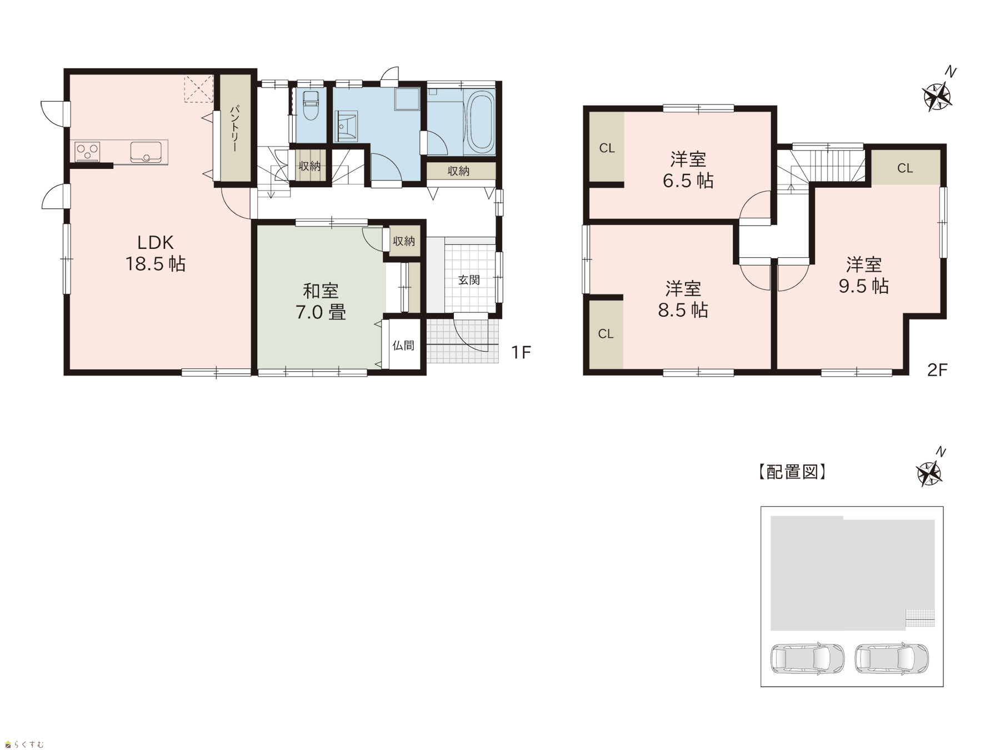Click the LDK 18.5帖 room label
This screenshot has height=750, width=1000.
coord(156,253)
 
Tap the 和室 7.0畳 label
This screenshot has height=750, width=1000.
coord(321,301)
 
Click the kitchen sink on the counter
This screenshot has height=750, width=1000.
coord(146,152)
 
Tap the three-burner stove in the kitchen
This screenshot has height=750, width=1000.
coord(88,151)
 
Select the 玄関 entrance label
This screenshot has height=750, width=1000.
coord(469,279)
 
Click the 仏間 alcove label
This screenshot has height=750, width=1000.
coord(403,345)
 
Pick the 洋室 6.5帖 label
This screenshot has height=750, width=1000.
coord(688,170)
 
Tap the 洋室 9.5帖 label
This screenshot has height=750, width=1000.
coord(864,275)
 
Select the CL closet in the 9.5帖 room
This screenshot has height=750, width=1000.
coord(905,167)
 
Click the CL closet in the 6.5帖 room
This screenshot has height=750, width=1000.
coord(607,148)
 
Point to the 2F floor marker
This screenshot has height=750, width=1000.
coord(937,369)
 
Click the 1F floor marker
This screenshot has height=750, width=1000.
coord(521,352)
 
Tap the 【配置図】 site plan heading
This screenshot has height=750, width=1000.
coord(792,472)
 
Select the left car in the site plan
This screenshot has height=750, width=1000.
coord(807,659)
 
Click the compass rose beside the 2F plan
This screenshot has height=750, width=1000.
coord(937,97)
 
